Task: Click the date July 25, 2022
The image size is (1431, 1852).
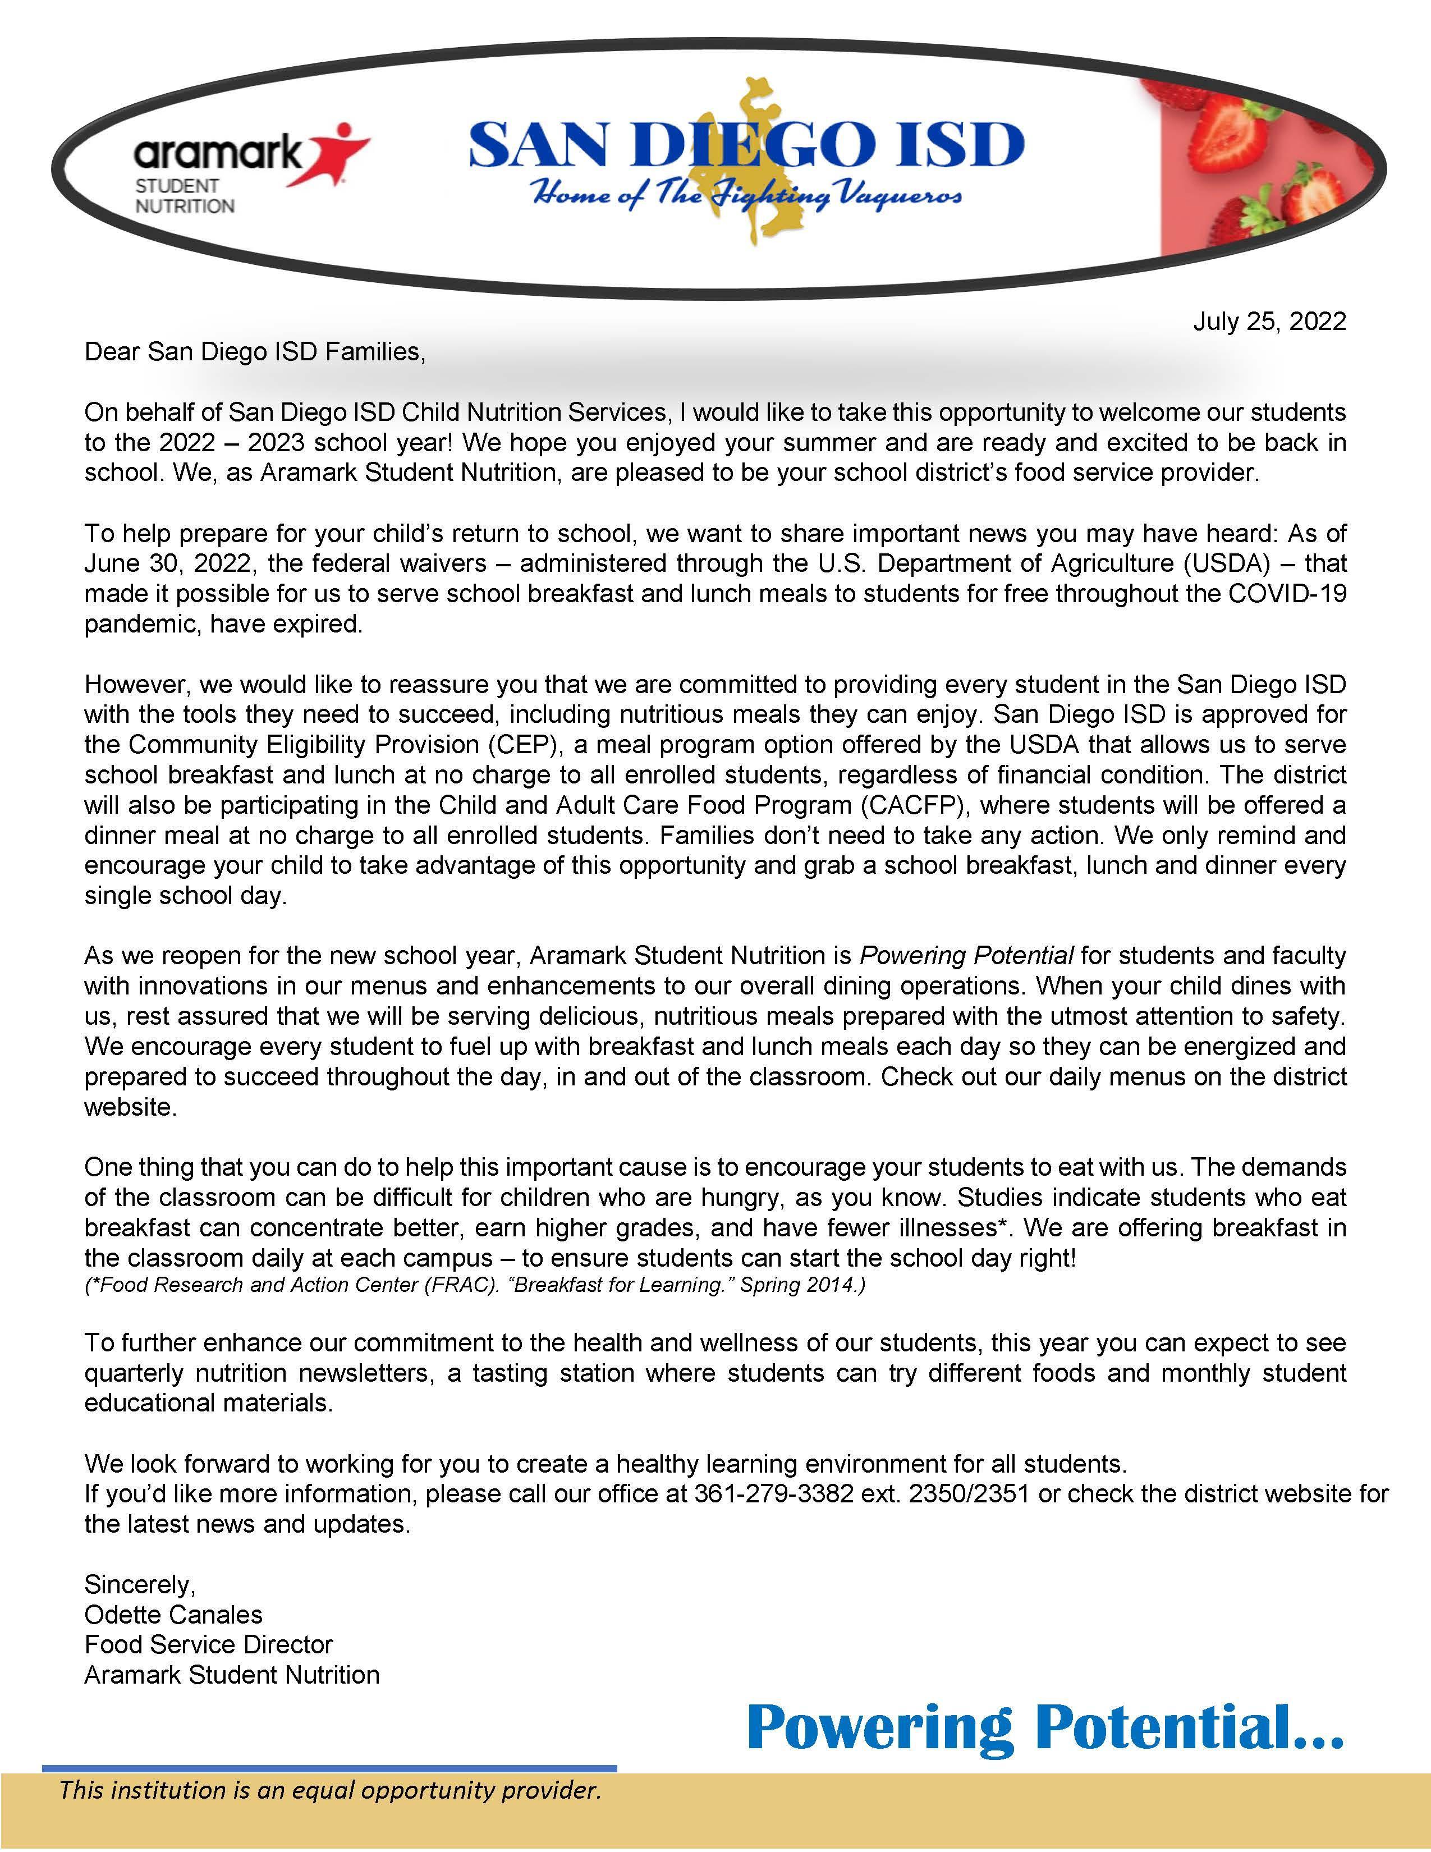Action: click(1269, 322)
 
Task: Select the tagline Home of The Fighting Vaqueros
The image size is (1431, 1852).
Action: click(746, 196)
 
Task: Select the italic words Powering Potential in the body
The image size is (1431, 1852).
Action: click(966, 956)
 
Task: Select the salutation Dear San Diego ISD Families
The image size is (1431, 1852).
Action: click(254, 352)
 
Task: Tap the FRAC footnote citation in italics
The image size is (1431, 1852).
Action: click(475, 1285)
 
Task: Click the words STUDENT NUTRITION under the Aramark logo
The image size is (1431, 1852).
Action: click(185, 196)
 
